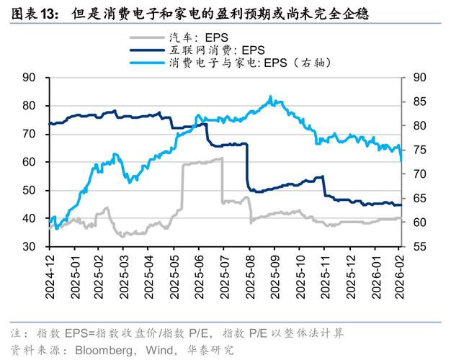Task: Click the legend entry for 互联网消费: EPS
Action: pos(217,50)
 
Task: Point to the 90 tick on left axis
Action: pos(29,78)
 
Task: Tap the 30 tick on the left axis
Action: pos(29,247)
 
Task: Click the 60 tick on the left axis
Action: pos(29,163)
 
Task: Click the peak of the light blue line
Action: pos(270,96)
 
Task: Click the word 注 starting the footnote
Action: pos(14,334)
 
